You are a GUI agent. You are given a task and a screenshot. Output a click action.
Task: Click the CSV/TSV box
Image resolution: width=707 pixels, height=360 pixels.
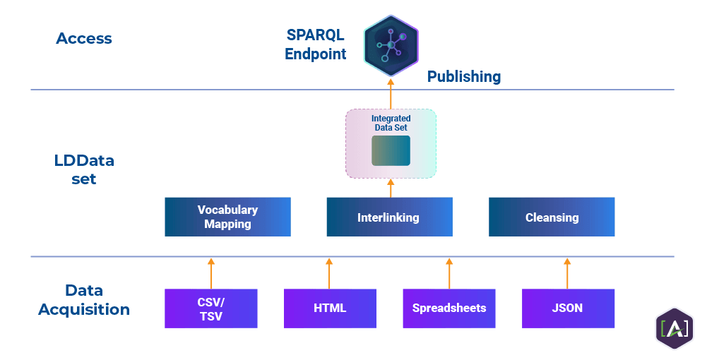coord(210,308)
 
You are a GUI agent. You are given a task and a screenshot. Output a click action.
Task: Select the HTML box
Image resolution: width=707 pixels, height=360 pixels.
coord(330,308)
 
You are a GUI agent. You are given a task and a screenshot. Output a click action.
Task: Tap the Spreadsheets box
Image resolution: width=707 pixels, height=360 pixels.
coord(449,308)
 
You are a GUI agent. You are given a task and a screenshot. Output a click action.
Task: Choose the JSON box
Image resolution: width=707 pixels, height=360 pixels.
coord(568,308)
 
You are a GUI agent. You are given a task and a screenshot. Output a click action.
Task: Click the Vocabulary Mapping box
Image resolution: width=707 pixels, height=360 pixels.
coord(227,217)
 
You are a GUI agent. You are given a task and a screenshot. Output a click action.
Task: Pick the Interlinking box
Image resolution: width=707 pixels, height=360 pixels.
coord(389,217)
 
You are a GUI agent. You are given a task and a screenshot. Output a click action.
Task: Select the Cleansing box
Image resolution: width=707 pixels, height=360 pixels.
coord(552,217)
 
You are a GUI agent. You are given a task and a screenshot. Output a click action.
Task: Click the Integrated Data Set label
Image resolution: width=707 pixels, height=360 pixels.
coord(391,123)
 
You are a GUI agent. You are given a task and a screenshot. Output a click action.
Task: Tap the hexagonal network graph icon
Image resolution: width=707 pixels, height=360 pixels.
coord(391,45)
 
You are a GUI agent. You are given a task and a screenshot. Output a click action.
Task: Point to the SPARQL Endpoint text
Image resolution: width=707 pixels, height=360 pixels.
coord(315,44)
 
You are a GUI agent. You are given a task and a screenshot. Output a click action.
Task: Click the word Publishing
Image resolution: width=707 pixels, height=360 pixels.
coord(464,76)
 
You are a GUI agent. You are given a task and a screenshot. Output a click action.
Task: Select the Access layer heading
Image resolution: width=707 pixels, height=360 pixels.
coord(84,38)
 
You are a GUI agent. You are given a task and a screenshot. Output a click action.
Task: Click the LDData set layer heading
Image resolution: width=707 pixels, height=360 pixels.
coord(84,169)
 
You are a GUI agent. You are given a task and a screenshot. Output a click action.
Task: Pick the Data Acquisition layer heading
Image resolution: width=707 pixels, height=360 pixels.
coord(84,299)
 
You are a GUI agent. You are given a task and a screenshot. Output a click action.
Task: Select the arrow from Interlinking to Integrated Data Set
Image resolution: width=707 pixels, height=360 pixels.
coord(391,188)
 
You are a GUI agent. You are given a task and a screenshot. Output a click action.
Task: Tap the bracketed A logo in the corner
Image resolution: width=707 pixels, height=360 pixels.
coord(674,328)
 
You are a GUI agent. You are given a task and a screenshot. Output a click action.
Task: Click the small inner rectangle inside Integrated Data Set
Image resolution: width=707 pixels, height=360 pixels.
coord(391,150)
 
